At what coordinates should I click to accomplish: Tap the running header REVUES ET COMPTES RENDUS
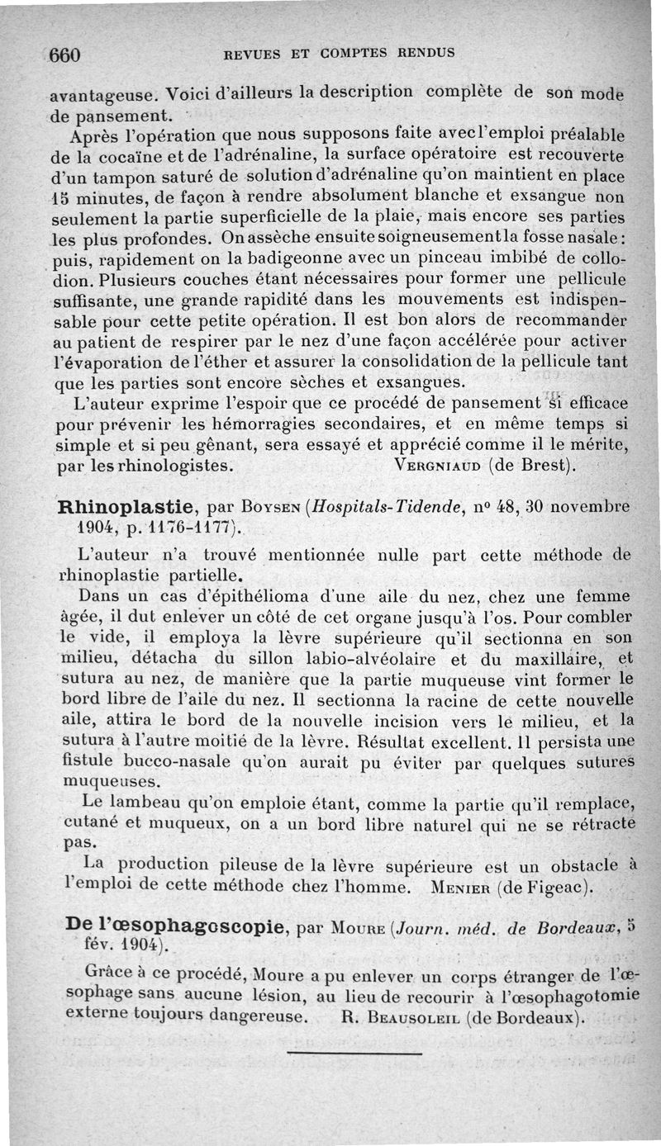[x=339, y=54]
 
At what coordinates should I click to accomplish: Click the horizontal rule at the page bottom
[x=354, y=1052]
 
